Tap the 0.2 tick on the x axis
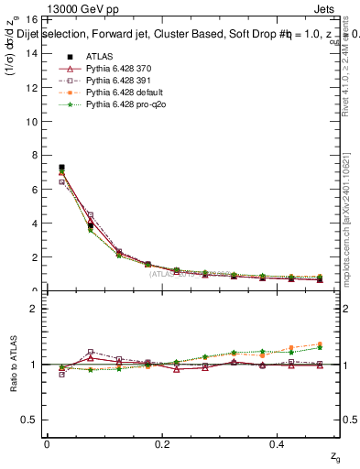coord(163,444)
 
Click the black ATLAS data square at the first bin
coord(61,168)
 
